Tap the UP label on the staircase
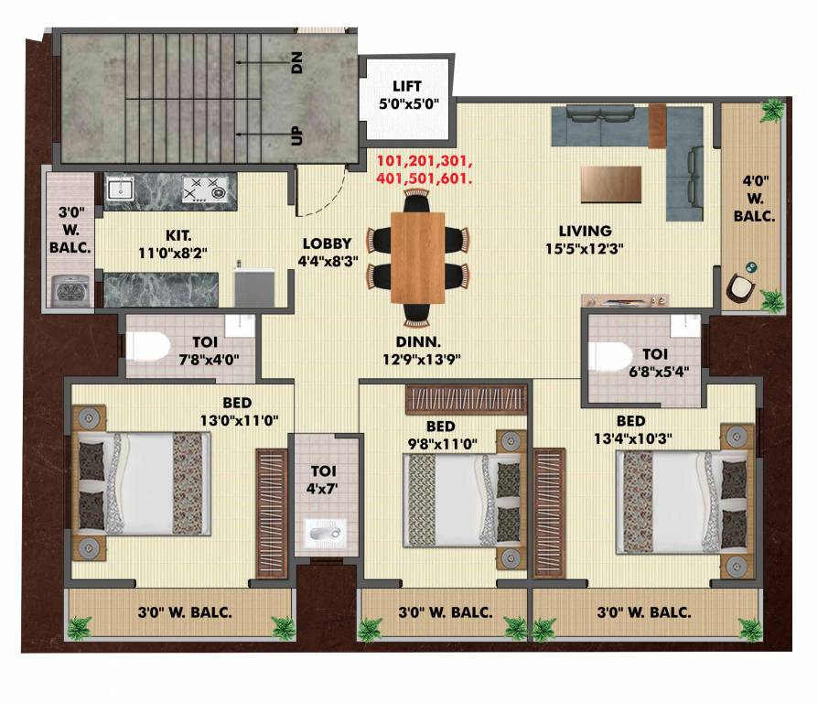[x=296, y=135]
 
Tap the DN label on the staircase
[x=296, y=62]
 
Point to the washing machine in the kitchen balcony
[x=69, y=289]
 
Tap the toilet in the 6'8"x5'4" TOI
[x=608, y=355]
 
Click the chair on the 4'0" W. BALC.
[x=741, y=290]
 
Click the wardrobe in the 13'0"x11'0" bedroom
[x=271, y=513]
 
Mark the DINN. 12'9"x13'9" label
[x=421, y=351]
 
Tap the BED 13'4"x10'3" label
[x=630, y=429]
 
